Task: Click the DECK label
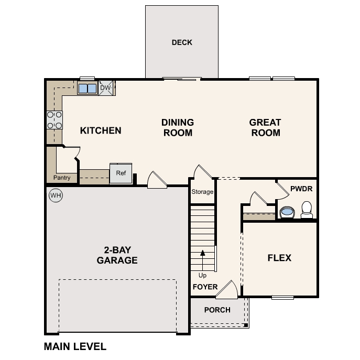click(x=182, y=42)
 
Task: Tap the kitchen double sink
click(x=87, y=88)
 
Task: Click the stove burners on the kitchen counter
click(x=54, y=120)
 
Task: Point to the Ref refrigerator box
click(x=121, y=173)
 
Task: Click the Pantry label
click(x=62, y=178)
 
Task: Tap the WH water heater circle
click(x=55, y=195)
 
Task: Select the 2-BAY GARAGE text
click(x=117, y=255)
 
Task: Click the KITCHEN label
click(x=101, y=130)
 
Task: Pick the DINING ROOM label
click(x=178, y=127)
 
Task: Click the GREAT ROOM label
click(x=265, y=127)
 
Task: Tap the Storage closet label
click(x=202, y=191)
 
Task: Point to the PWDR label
click(x=301, y=187)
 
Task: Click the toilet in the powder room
click(x=307, y=210)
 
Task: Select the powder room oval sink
click(x=287, y=212)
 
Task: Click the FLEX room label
click(x=279, y=258)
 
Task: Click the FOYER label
click(x=205, y=287)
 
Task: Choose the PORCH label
click(x=217, y=310)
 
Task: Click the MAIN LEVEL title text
click(x=75, y=346)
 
